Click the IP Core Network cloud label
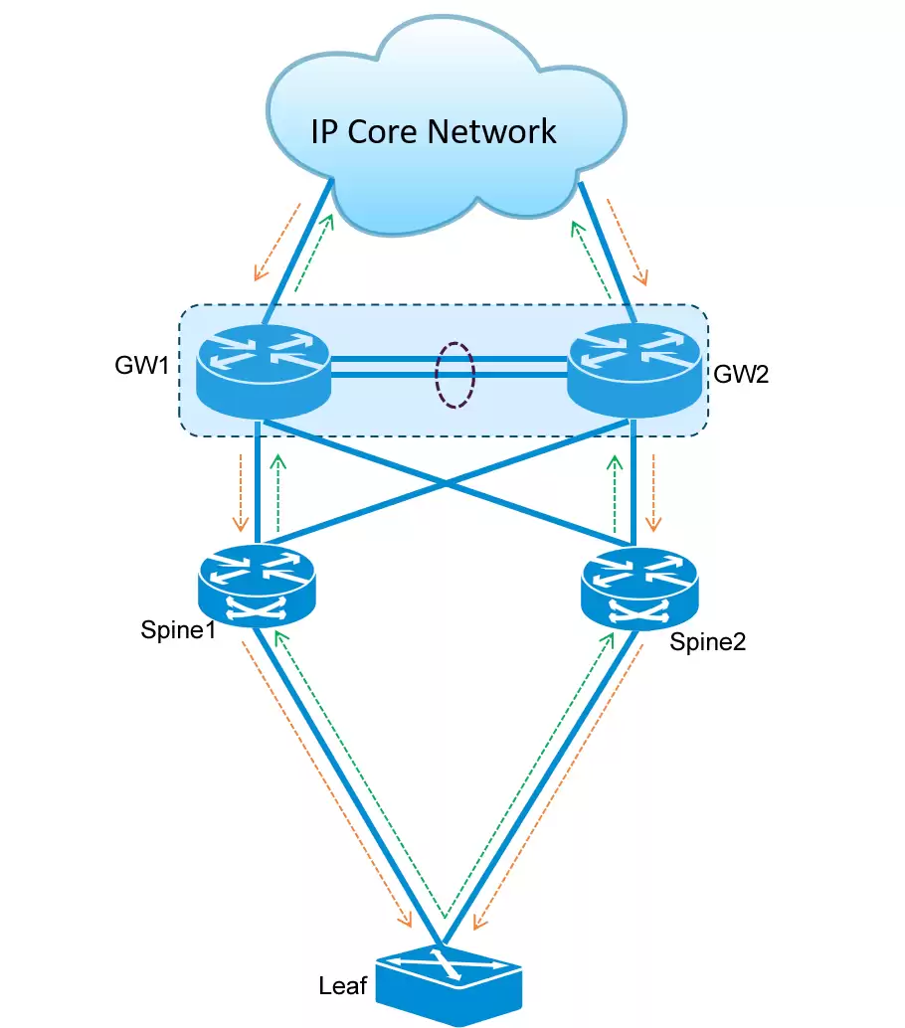(434, 130)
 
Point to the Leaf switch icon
(450, 984)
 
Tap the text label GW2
(741, 375)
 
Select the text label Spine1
(179, 630)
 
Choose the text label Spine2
(707, 642)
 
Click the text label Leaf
(343, 986)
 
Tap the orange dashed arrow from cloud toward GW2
(629, 242)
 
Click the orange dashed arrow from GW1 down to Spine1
(239, 493)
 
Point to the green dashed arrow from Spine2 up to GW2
(616, 493)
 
